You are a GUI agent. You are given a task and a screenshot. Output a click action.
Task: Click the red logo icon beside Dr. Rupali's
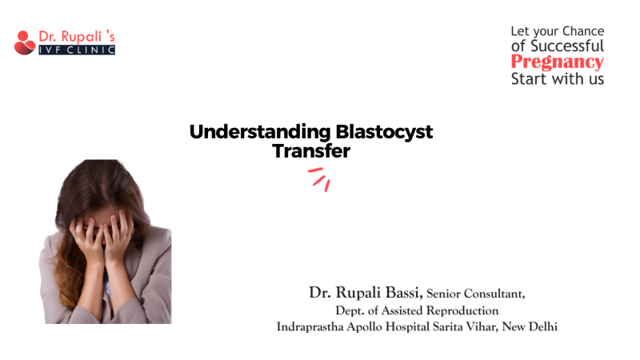click(24, 42)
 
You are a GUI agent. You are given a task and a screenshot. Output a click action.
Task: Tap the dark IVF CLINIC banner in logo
click(77, 50)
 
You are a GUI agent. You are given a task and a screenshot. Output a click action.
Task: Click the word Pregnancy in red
click(557, 62)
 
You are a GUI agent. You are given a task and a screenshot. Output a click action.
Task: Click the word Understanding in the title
click(246, 133)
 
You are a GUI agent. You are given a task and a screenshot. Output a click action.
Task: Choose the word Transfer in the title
click(311, 150)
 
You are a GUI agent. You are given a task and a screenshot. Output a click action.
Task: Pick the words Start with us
click(558, 78)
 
